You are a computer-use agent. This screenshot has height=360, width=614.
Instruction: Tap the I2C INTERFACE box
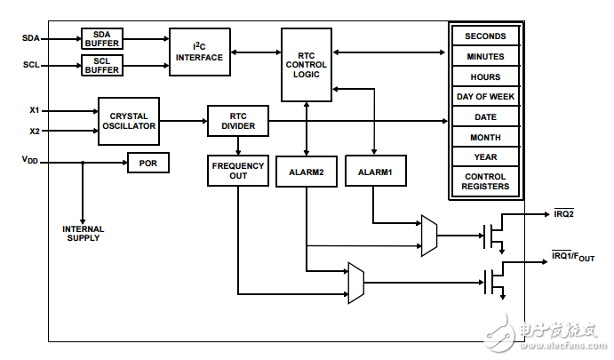point(200,52)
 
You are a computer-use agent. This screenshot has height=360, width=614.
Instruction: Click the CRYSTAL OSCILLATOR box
point(129,122)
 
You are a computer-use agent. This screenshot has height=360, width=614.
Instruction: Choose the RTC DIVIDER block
point(238,122)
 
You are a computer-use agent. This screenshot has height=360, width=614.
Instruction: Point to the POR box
point(148,164)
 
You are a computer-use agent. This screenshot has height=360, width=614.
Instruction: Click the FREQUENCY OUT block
point(238,171)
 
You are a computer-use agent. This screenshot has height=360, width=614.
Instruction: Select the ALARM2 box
point(306,171)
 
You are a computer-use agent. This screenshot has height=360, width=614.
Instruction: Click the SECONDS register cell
point(485,36)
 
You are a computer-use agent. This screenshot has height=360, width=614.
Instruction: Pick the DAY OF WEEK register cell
point(485,97)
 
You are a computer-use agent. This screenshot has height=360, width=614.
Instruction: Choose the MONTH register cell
point(485,138)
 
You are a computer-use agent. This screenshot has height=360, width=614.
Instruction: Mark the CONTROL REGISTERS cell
point(485,182)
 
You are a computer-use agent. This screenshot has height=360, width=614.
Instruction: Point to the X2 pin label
point(35,132)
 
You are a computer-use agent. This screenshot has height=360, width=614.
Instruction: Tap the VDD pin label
point(30,160)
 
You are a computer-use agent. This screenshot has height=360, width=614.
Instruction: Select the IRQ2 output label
point(563,213)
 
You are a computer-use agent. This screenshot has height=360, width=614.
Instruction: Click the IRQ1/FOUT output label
point(572,257)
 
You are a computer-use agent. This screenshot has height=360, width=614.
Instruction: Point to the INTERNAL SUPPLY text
point(84,234)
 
